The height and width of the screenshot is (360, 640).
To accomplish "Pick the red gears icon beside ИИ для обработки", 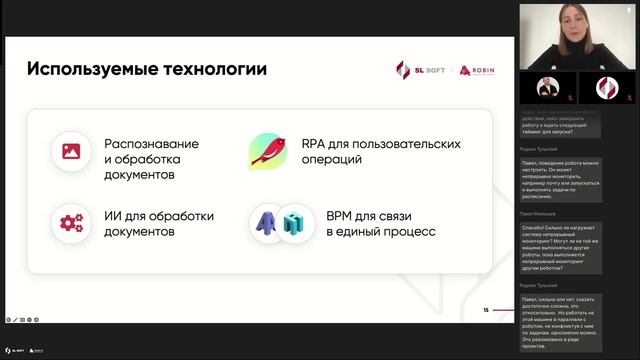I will pyautogui.click(x=71, y=222).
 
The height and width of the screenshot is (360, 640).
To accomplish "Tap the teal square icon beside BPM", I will pyautogui.click(x=292, y=224).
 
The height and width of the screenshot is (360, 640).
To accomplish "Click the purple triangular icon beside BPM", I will pyautogui.click(x=268, y=222).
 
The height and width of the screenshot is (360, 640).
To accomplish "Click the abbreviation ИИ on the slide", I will pyautogui.click(x=113, y=214).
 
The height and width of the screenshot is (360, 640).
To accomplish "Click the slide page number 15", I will pyautogui.click(x=485, y=310).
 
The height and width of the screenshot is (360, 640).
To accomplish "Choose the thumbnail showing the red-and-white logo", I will pyautogui.click(x=607, y=88).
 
